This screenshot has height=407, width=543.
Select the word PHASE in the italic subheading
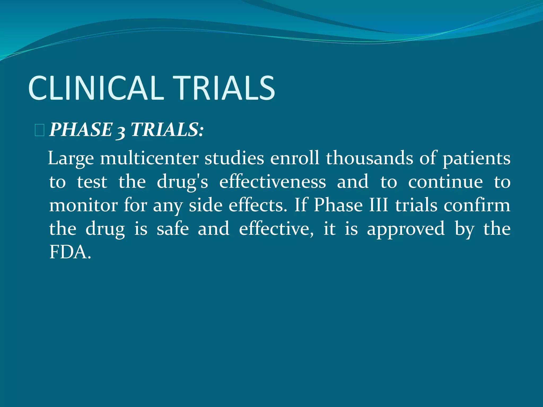pyautogui.click(x=81, y=130)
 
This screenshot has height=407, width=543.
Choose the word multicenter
pyautogui.click(x=149, y=158)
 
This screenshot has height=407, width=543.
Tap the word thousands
pyautogui.click(x=369, y=158)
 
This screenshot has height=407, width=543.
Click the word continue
pyautogui.click(x=445, y=182)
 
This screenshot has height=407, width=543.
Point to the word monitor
pyautogui.click(x=84, y=205)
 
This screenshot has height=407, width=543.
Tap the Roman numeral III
pyautogui.click(x=378, y=205)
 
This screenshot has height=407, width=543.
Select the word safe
pyautogui.click(x=173, y=229)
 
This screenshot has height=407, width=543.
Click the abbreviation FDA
pyautogui.click(x=70, y=252)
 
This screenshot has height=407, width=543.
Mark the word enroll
pyautogui.click(x=295, y=158)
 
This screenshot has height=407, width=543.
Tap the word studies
pyautogui.click(x=234, y=158)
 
